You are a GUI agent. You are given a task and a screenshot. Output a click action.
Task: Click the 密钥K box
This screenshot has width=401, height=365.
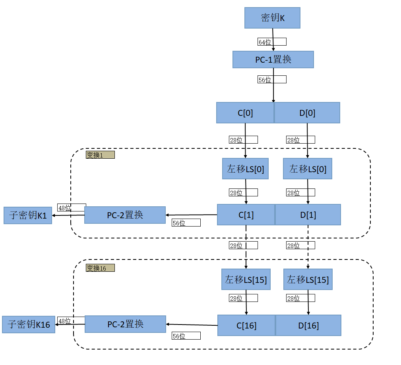point(272,18)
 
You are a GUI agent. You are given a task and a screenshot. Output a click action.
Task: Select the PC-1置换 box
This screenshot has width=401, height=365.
point(273,60)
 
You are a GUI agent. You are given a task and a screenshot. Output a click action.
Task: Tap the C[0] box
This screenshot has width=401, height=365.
point(245,113)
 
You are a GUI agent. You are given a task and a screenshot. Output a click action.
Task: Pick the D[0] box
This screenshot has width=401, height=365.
point(307,113)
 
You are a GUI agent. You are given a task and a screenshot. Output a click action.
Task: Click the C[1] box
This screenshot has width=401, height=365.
point(246,215)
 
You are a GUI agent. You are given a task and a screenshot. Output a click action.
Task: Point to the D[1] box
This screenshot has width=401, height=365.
point(308,215)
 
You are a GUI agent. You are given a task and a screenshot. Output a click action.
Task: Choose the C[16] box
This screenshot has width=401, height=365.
point(246,325)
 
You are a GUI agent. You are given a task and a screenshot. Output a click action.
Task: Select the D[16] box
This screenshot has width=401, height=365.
point(308,325)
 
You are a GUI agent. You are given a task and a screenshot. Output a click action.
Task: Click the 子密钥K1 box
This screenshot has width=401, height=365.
point(28,215)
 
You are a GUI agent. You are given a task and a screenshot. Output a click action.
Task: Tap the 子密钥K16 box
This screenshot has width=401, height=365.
point(29,325)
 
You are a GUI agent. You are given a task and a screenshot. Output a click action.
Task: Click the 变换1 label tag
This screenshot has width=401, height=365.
point(100,155)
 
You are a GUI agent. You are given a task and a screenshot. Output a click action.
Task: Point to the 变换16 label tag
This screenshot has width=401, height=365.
point(100,268)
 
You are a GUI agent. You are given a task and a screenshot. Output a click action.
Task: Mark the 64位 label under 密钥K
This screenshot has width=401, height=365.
point(272,42)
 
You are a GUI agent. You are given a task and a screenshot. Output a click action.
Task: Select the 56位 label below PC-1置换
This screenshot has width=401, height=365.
point(272,79)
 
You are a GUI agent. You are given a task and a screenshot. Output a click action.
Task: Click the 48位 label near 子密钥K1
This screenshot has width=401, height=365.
point(72,207)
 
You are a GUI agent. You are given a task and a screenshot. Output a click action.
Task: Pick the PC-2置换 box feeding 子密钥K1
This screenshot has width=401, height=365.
point(125,215)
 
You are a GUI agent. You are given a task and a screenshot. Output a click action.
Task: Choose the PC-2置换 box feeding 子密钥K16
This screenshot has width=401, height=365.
point(125,324)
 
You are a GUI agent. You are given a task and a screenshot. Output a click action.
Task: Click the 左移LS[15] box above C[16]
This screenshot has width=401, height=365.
point(246,279)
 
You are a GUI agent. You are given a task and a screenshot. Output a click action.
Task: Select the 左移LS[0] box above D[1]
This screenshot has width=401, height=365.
point(308,169)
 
